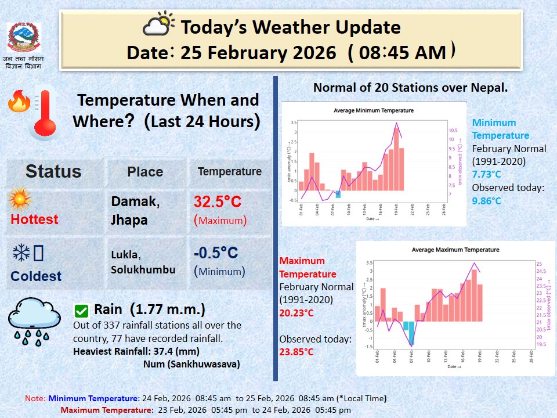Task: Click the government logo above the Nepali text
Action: [x=24, y=37]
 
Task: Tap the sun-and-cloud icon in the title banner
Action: [x=158, y=26]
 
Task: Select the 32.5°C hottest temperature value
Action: [x=218, y=202]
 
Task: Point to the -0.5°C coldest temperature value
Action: [x=216, y=253]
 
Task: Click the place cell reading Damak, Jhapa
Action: [x=134, y=210]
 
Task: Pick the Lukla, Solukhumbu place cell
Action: [x=143, y=262]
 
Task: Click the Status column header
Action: [x=53, y=171]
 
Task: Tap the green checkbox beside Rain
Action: [x=82, y=311]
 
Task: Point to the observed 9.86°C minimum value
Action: [x=486, y=201]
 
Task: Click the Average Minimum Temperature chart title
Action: [x=374, y=110]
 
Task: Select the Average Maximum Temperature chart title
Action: [x=455, y=250]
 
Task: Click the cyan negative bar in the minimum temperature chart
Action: [x=338, y=194]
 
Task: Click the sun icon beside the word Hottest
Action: [x=20, y=200]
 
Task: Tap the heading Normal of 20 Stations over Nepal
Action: [x=410, y=88]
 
